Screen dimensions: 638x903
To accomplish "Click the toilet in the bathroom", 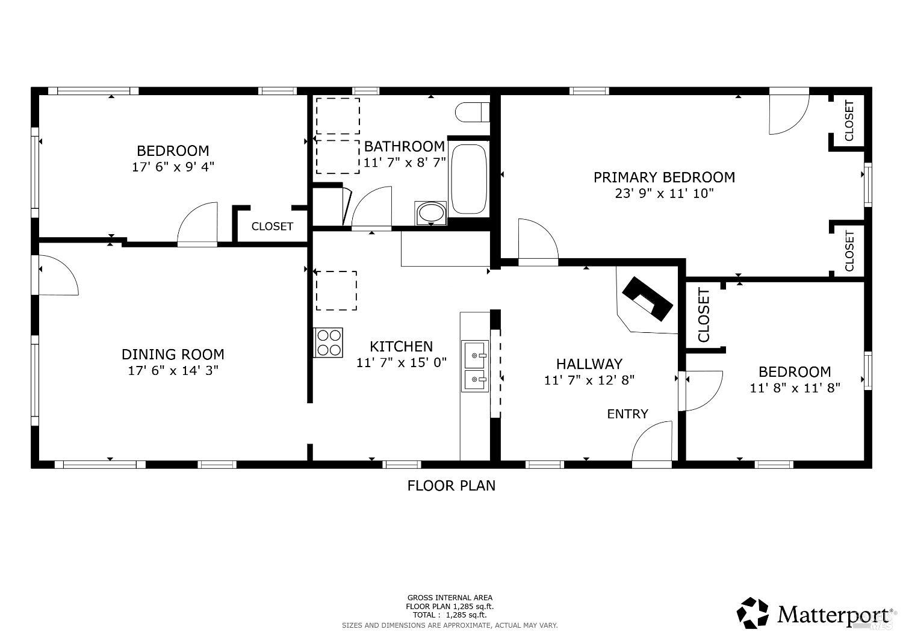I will pos(472,112).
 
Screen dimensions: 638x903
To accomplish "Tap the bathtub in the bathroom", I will pos(468,178).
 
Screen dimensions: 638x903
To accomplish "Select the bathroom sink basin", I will pos(430,213).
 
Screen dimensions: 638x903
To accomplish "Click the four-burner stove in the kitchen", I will pos(328,342).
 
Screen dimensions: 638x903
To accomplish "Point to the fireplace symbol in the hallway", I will pos(647,299).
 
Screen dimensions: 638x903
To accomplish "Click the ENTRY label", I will pos(627,414).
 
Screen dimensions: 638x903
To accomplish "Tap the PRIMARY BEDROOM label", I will pos(664,178).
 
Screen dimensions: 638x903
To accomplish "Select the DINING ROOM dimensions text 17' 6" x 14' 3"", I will pos(173,371).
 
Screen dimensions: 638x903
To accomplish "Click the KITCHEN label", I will pos(401,347).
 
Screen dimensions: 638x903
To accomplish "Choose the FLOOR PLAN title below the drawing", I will pos(451,486).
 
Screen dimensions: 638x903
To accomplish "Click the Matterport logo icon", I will pos(753,613).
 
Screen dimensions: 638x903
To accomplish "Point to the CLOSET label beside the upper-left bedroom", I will pos(272,227).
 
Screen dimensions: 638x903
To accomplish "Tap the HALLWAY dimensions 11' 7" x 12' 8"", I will pos(589,380).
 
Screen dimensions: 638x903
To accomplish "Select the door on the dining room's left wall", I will pos(57,276).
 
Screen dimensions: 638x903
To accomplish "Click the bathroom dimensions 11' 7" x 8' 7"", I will pos(405,163).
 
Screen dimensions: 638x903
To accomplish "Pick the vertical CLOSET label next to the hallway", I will pos(704,315).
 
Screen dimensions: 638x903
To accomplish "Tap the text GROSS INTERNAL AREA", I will pos(450,598).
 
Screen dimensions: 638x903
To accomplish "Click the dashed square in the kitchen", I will pos(336,291).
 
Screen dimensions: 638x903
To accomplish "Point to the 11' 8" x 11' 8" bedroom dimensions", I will pos(795,388).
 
